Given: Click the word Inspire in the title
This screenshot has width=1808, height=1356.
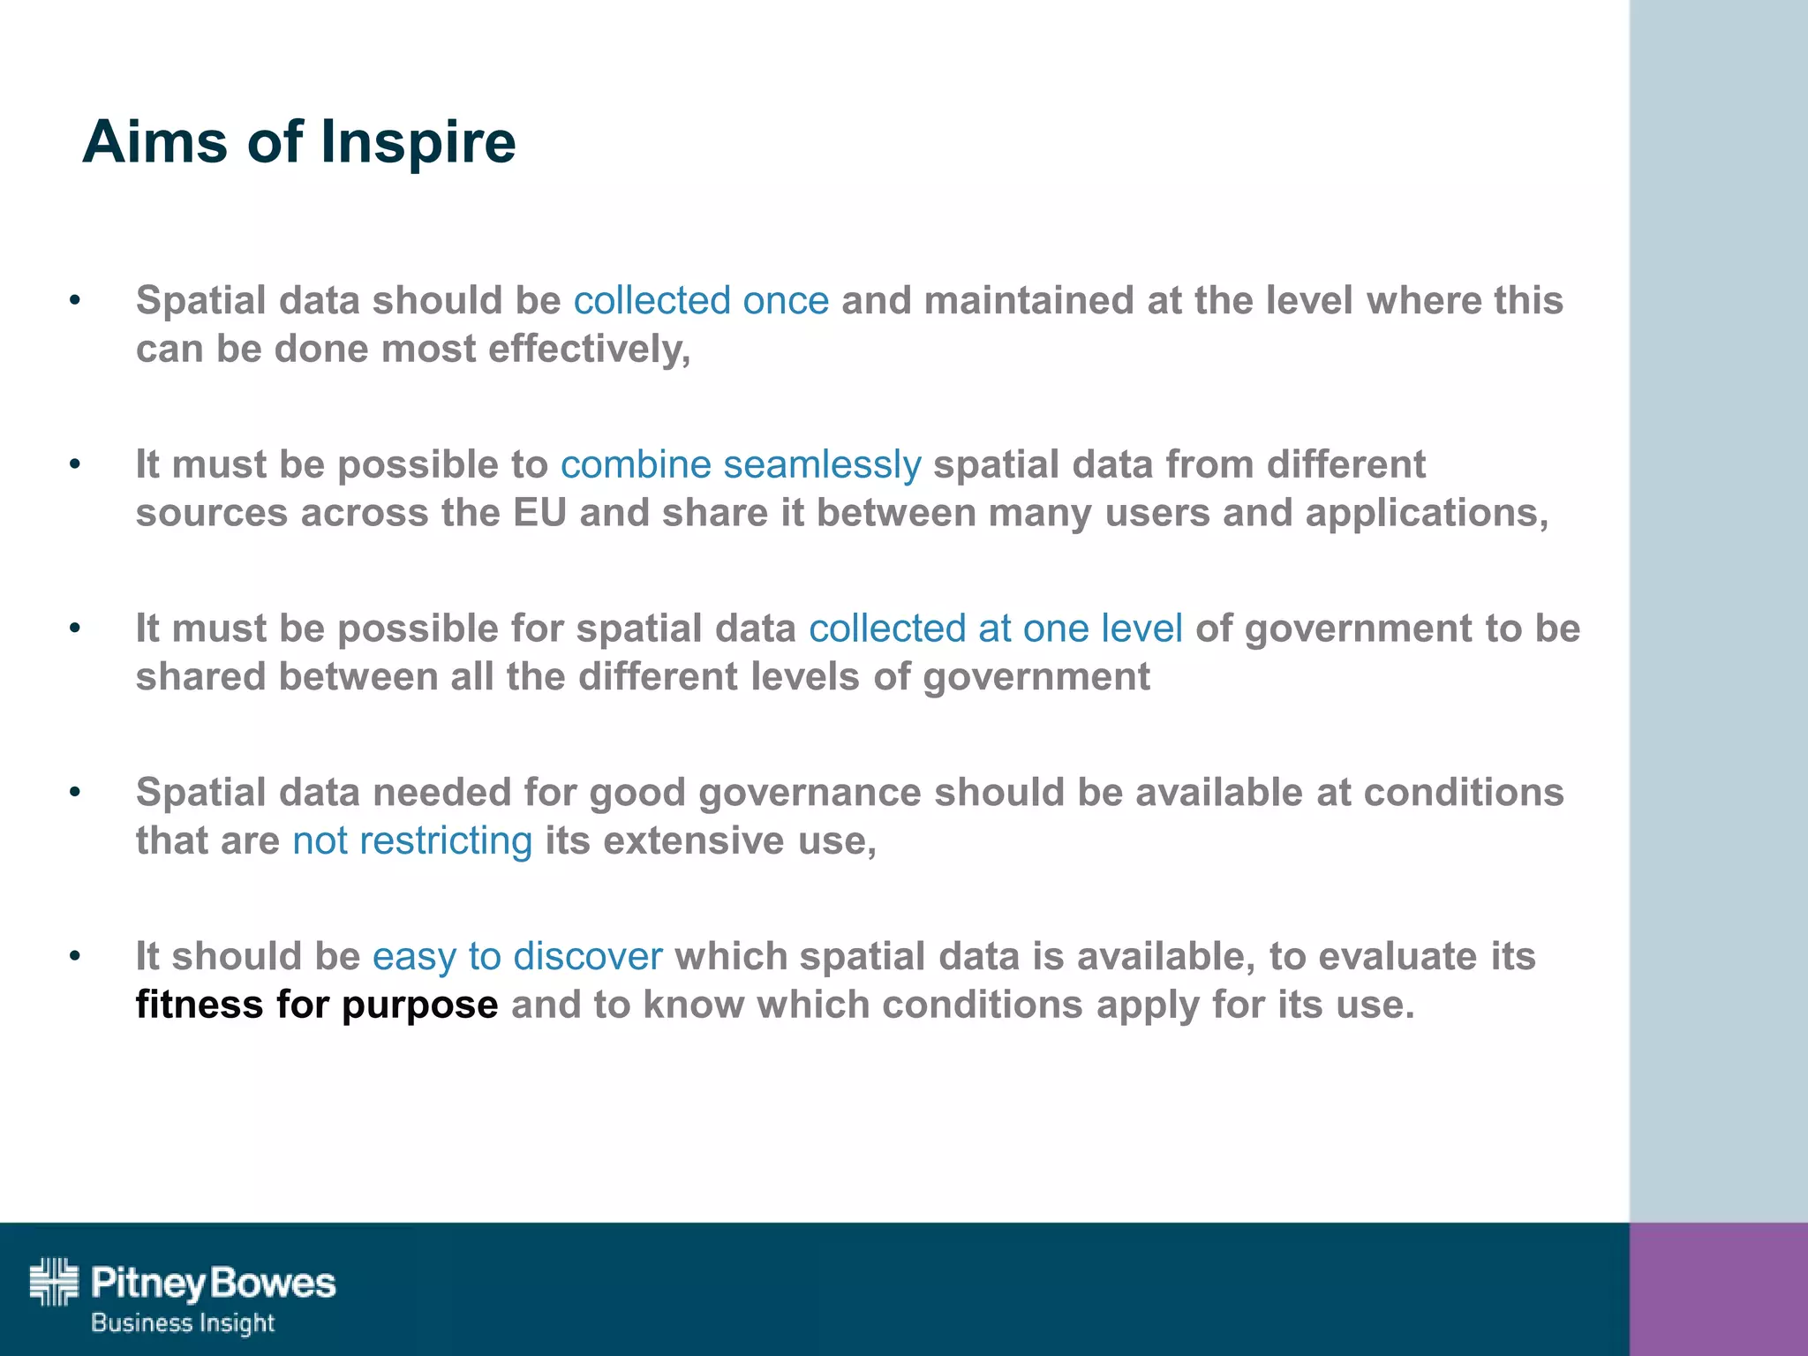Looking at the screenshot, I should click(418, 143).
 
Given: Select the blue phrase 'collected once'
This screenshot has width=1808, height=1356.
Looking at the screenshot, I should click(701, 300).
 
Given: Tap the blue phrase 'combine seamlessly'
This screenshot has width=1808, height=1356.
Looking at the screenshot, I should click(741, 464).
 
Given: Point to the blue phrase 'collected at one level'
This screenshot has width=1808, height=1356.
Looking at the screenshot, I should click(995, 629).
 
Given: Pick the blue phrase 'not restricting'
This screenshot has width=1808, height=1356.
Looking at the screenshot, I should click(412, 840).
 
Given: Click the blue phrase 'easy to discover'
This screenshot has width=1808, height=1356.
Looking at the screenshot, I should click(517, 956).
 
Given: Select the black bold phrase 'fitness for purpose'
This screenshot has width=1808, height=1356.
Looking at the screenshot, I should click(317, 1005).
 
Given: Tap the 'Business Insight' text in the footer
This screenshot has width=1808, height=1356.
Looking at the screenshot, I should click(183, 1323).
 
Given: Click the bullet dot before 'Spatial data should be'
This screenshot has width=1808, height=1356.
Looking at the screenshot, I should click(75, 301).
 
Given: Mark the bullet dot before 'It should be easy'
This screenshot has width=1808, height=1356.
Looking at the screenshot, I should click(75, 956).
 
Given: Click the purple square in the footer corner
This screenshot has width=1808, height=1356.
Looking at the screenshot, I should click(1718, 1289).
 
